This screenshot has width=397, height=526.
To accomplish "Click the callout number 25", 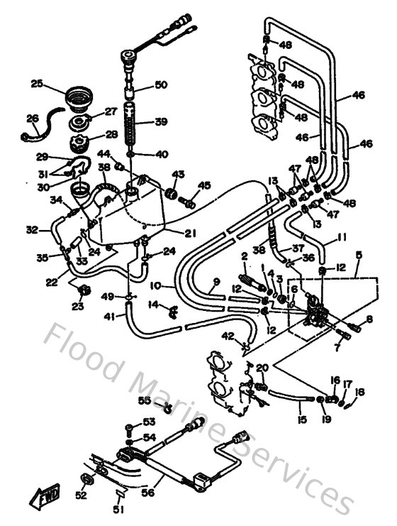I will [x=37, y=84].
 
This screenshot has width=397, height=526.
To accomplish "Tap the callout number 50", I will [x=161, y=85].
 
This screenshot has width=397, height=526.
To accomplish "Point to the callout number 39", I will [x=161, y=121].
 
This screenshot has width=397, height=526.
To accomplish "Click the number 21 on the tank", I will [x=190, y=233].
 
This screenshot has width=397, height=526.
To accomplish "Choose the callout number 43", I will [x=177, y=175].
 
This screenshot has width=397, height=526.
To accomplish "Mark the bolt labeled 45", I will [x=189, y=201].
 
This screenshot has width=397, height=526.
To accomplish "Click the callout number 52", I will [x=82, y=495].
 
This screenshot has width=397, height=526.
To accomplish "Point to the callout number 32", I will [x=31, y=230].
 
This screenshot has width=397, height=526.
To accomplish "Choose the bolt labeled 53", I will [x=128, y=427].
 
